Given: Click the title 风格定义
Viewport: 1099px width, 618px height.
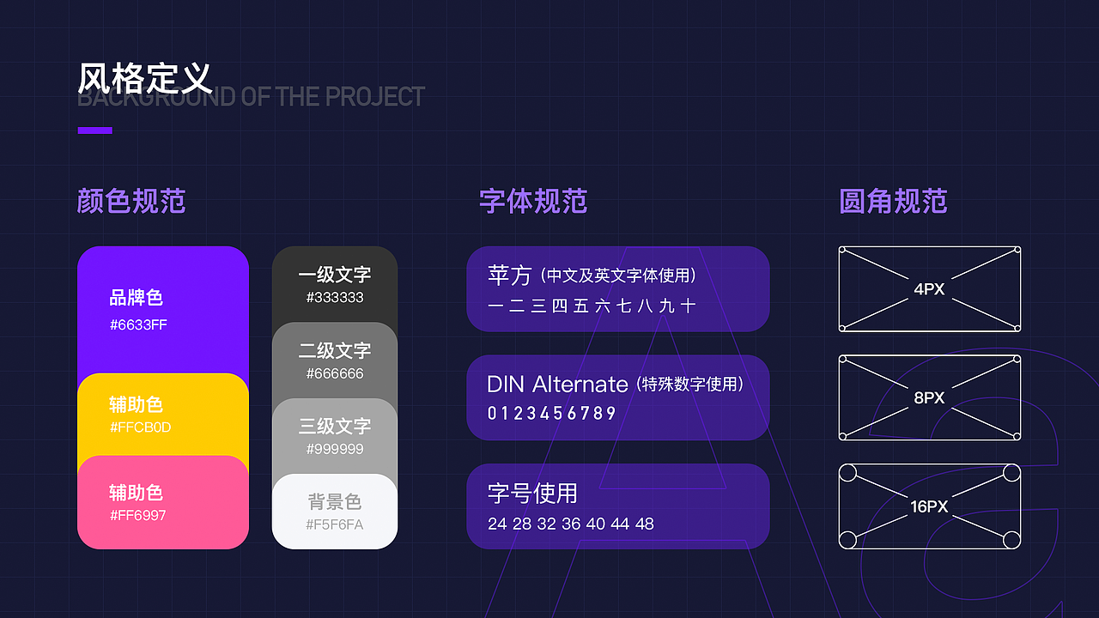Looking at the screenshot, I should [144, 78].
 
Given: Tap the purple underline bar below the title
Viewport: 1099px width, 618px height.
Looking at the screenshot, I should [95, 130].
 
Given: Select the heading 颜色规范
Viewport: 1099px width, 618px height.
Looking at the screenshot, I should [131, 202].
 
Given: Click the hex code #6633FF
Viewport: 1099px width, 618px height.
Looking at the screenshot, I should [138, 325].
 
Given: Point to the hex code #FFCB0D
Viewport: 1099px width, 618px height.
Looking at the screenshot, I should [140, 427].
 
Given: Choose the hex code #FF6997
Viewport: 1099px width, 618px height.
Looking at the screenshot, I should [138, 516].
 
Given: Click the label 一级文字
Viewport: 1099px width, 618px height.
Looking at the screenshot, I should [335, 275].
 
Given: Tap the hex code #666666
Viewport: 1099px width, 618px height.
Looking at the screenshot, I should [335, 374].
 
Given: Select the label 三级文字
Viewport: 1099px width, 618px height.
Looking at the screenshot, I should [335, 426].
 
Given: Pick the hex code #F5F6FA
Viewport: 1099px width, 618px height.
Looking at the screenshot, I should [335, 524].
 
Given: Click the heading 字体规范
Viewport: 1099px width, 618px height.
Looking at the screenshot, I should [533, 202].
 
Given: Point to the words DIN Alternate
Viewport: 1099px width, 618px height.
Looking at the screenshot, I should [557, 384].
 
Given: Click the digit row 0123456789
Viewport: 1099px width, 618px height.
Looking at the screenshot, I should [552, 414].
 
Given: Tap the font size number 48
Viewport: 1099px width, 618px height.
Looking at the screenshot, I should [645, 524].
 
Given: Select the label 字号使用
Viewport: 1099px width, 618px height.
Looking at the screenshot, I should [532, 494].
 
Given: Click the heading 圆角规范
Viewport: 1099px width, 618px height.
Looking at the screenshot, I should [893, 202].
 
